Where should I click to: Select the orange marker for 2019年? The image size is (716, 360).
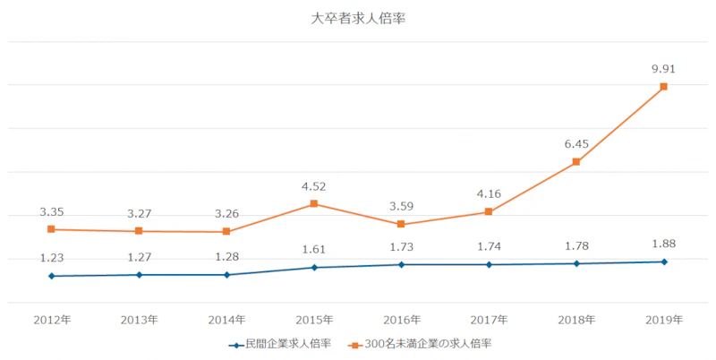tap(663, 87)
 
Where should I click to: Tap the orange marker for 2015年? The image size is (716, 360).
tap(314, 204)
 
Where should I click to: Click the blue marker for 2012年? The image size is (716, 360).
tap(51, 276)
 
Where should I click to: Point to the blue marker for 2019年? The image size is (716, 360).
tap(663, 261)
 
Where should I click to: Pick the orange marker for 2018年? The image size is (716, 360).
tap(576, 162)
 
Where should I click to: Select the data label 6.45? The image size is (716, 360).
tap(576, 142)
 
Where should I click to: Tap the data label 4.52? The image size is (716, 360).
tap(314, 186)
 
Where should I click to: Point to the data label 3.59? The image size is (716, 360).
tap(402, 205)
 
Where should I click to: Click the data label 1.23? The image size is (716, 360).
tap(51, 257)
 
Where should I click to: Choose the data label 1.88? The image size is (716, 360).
tap(663, 244)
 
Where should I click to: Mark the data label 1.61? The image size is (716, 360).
tap(314, 249)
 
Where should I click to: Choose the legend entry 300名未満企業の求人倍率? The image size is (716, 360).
tap(425, 343)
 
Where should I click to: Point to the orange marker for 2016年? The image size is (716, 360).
tap(402, 224)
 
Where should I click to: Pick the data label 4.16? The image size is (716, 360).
tap(489, 193)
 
